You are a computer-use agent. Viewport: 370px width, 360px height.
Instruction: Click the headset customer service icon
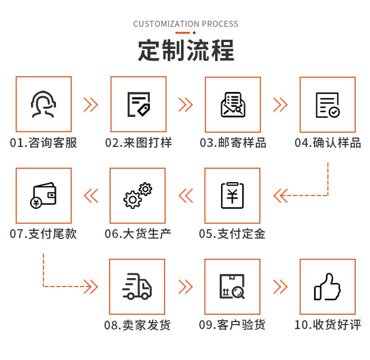click(x=43, y=104)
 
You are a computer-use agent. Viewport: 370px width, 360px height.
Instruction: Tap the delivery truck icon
click(x=137, y=286)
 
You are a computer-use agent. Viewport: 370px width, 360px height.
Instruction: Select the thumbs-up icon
click(x=327, y=287)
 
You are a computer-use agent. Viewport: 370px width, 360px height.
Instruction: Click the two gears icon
click(x=137, y=195)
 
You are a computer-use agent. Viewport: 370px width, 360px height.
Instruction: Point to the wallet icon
click(x=43, y=195)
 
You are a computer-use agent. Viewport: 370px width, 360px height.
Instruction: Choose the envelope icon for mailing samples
click(x=232, y=105)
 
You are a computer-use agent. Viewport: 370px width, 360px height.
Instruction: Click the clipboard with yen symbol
click(x=232, y=195)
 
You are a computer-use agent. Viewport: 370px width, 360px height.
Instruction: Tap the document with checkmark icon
click(x=327, y=105)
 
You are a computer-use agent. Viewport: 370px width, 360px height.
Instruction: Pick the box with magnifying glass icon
click(x=232, y=287)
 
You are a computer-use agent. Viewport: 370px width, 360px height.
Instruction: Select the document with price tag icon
click(x=138, y=104)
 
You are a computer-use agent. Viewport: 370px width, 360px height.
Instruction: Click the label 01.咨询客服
click(x=43, y=142)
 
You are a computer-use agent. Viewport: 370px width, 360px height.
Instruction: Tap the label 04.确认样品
click(x=327, y=142)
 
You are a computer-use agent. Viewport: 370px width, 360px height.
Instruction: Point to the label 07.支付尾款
click(x=43, y=233)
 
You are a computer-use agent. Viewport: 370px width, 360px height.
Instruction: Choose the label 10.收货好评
click(x=327, y=324)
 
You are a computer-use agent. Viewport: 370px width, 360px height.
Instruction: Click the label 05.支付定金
click(x=232, y=233)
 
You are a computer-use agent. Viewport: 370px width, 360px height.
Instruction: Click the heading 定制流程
click(x=186, y=50)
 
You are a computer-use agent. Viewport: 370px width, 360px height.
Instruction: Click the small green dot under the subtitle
click(x=194, y=33)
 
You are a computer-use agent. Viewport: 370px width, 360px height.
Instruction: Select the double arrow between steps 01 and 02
click(x=91, y=105)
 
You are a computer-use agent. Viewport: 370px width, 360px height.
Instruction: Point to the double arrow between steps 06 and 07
click(x=91, y=196)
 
